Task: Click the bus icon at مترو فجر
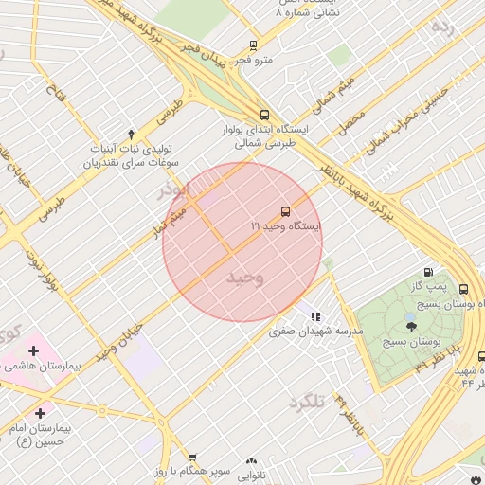253,45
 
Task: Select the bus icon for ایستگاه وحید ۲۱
285,210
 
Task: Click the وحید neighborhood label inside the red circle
244,278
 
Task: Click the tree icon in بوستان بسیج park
410,327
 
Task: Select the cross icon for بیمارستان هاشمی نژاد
34,350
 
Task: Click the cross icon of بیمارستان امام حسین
40,413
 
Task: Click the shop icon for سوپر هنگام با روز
192,458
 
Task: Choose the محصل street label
353,120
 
